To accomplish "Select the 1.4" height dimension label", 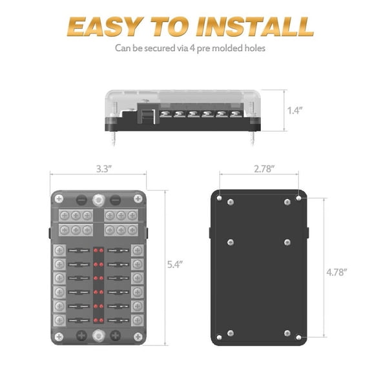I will (294, 110).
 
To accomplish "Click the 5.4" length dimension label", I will (172, 265).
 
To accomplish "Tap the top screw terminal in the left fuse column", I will (59, 251).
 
